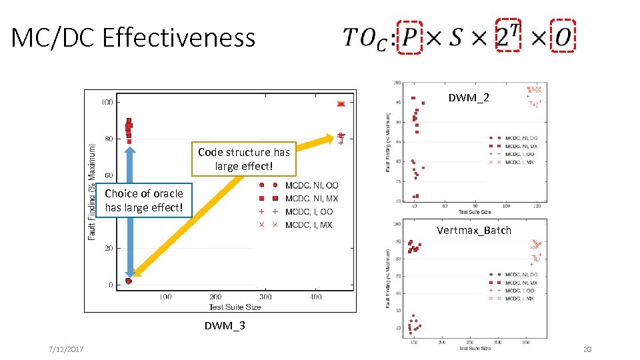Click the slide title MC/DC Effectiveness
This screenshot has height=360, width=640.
[x=133, y=38]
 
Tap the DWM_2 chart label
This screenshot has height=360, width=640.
[x=468, y=98]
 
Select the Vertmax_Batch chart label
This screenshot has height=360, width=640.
[x=473, y=231]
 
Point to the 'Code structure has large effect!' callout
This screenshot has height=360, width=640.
[x=243, y=159]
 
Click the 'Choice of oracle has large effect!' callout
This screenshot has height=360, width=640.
[x=143, y=200]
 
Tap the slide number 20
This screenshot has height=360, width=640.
[x=587, y=351]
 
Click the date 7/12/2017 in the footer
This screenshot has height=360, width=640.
[x=66, y=351]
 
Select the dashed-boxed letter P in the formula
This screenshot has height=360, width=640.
[x=410, y=38]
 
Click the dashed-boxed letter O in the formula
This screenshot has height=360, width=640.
[x=562, y=38]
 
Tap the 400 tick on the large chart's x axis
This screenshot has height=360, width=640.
[x=315, y=297]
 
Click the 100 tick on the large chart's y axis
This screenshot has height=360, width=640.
[x=106, y=102]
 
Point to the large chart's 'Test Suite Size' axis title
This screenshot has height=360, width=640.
[x=235, y=307]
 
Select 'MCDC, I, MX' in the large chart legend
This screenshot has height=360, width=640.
[x=309, y=225]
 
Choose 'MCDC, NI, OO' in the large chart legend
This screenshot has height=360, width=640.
[x=311, y=185]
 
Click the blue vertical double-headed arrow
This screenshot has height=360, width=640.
[x=130, y=213]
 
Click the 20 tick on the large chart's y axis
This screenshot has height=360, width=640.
[x=108, y=248]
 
